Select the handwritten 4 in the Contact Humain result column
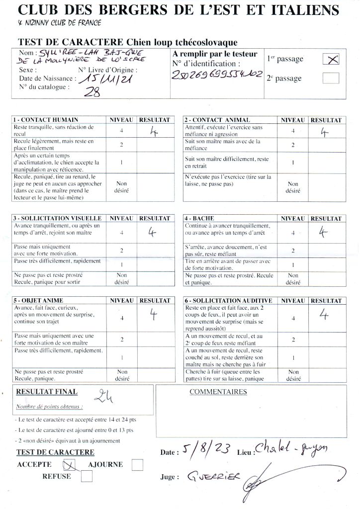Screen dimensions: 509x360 [x=153, y=131]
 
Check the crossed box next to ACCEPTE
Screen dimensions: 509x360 [x=69, y=465]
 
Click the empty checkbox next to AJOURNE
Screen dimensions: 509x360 [x=137, y=465]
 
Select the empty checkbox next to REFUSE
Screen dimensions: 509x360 [x=87, y=476]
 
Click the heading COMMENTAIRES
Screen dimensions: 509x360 [x=218, y=392]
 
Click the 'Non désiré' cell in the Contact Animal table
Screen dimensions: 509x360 [x=293, y=187]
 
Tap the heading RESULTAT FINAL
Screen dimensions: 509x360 [x=47, y=392]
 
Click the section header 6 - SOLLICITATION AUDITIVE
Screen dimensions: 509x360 [x=228, y=301]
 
